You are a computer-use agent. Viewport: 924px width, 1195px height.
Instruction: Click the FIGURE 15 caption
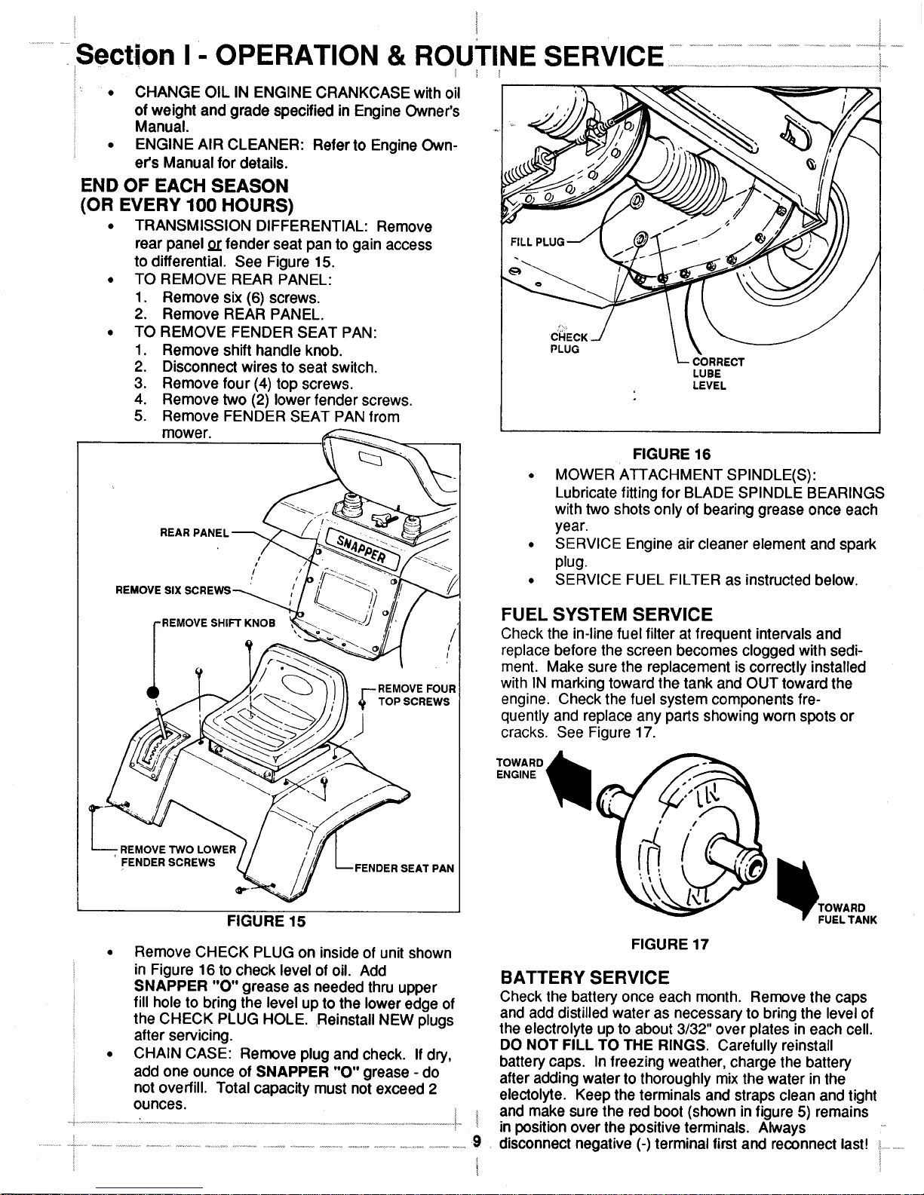click(266, 921)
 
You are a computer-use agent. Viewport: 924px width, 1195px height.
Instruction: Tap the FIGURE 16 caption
click(672, 454)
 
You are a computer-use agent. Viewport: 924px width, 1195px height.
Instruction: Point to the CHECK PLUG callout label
click(565, 343)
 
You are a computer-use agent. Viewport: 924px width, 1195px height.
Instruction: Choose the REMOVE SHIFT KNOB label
click(212, 623)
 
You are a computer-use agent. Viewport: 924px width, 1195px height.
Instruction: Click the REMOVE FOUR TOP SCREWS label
click(416, 694)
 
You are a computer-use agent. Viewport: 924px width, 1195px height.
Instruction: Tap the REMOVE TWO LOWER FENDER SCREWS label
click(174, 855)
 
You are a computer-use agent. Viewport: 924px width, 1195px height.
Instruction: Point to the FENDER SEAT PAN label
click(404, 868)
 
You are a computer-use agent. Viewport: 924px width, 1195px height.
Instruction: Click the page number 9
click(476, 1140)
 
